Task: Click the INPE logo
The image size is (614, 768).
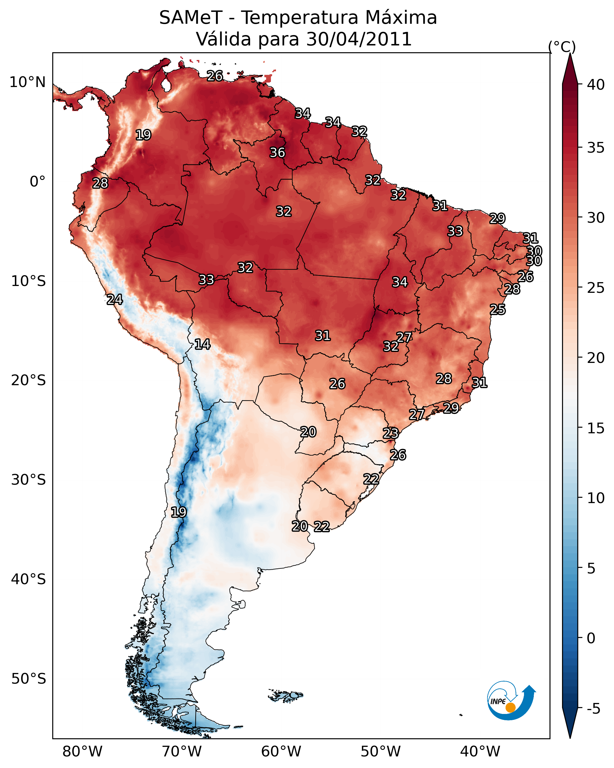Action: (511, 701)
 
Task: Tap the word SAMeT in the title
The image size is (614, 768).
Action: (191, 18)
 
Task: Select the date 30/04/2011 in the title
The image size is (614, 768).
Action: (359, 39)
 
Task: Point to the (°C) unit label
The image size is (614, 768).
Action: (562, 47)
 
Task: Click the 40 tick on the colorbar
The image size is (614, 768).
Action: (596, 85)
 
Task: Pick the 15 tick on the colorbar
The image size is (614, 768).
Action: (596, 428)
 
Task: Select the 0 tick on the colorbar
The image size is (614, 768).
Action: (591, 638)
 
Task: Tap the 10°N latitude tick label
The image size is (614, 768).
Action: (27, 82)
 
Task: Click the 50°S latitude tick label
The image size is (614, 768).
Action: (29, 679)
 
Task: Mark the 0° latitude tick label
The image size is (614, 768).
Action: (37, 182)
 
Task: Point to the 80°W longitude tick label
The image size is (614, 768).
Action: (82, 751)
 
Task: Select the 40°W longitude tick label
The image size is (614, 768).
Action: (480, 751)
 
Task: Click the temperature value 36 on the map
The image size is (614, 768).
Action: (277, 152)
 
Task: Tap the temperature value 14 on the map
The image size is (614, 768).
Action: (202, 344)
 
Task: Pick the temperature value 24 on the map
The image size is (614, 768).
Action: (114, 300)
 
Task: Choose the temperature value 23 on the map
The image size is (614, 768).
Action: (390, 433)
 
